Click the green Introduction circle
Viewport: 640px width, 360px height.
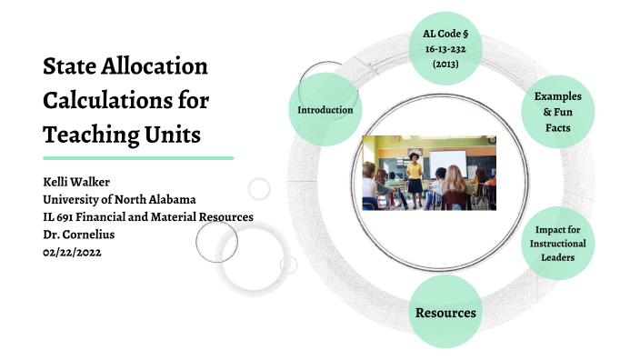click(325, 110)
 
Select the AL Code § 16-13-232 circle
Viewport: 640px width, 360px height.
click(445, 50)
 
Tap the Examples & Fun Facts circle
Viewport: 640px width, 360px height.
click(557, 111)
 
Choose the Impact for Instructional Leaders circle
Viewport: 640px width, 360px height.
click(559, 243)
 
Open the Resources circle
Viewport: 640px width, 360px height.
click(445, 312)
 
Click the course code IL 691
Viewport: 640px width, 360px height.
click(64, 216)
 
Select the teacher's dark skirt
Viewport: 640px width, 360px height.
click(415, 185)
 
